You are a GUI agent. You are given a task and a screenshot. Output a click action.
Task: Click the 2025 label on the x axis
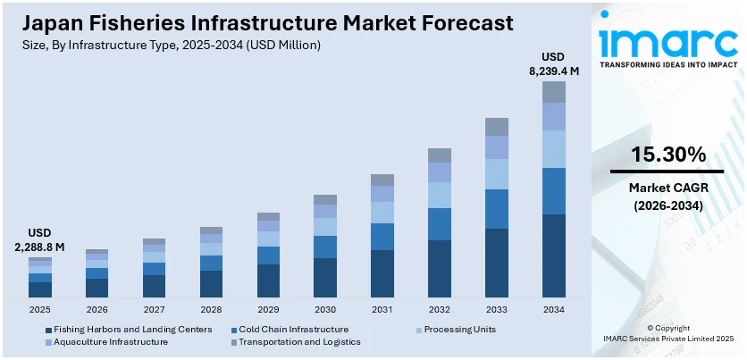coord(40,309)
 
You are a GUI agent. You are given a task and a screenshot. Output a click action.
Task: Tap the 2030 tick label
coord(325,309)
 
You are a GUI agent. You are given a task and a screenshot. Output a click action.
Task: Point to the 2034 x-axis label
coord(554,309)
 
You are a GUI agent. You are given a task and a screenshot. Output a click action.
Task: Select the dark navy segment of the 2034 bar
coord(554,255)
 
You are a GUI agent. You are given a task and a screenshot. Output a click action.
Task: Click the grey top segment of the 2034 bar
coord(554,92)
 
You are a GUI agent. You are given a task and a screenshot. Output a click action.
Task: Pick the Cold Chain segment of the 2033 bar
coord(497,209)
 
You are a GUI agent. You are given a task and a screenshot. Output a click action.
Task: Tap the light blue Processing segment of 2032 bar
coord(440,195)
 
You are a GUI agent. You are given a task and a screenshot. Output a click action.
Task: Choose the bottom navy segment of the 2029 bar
coord(268,280)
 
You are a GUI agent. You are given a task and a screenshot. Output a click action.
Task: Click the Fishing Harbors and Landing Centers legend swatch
coord(48,329)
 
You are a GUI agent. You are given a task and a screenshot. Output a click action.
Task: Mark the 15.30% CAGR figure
coord(668,155)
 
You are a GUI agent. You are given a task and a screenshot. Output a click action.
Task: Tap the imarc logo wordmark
coord(667,40)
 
